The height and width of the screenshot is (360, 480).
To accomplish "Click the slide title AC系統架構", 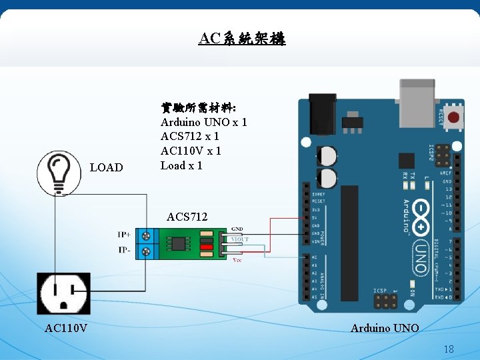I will pyautogui.click(x=242, y=39).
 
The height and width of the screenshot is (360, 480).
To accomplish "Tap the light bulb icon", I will pyautogui.click(x=59, y=173).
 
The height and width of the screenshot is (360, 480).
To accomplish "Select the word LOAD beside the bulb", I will pyautogui.click(x=106, y=167).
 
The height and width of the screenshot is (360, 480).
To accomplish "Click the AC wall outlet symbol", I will pyautogui.click(x=63, y=294).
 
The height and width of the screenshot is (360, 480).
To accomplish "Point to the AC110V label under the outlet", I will pyautogui.click(x=64, y=328).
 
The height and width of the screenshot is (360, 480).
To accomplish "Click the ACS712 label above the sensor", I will pyautogui.click(x=187, y=217).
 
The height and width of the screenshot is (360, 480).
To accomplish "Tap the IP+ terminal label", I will pyautogui.click(x=125, y=235).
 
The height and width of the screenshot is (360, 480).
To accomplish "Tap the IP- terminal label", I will pyautogui.click(x=125, y=251).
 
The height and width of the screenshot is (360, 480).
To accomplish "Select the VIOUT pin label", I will pyautogui.click(x=239, y=239).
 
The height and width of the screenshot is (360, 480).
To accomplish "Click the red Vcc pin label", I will pyautogui.click(x=237, y=260).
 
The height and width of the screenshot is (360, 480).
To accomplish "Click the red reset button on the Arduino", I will pyautogui.click(x=456, y=119).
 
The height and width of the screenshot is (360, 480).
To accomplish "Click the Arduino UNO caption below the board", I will pyautogui.click(x=385, y=328).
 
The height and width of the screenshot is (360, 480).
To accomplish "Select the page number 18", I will pyautogui.click(x=449, y=349).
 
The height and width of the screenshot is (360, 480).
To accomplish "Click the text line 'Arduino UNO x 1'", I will pyautogui.click(x=203, y=122).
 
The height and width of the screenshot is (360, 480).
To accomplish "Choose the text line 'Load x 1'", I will pyautogui.click(x=181, y=165).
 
